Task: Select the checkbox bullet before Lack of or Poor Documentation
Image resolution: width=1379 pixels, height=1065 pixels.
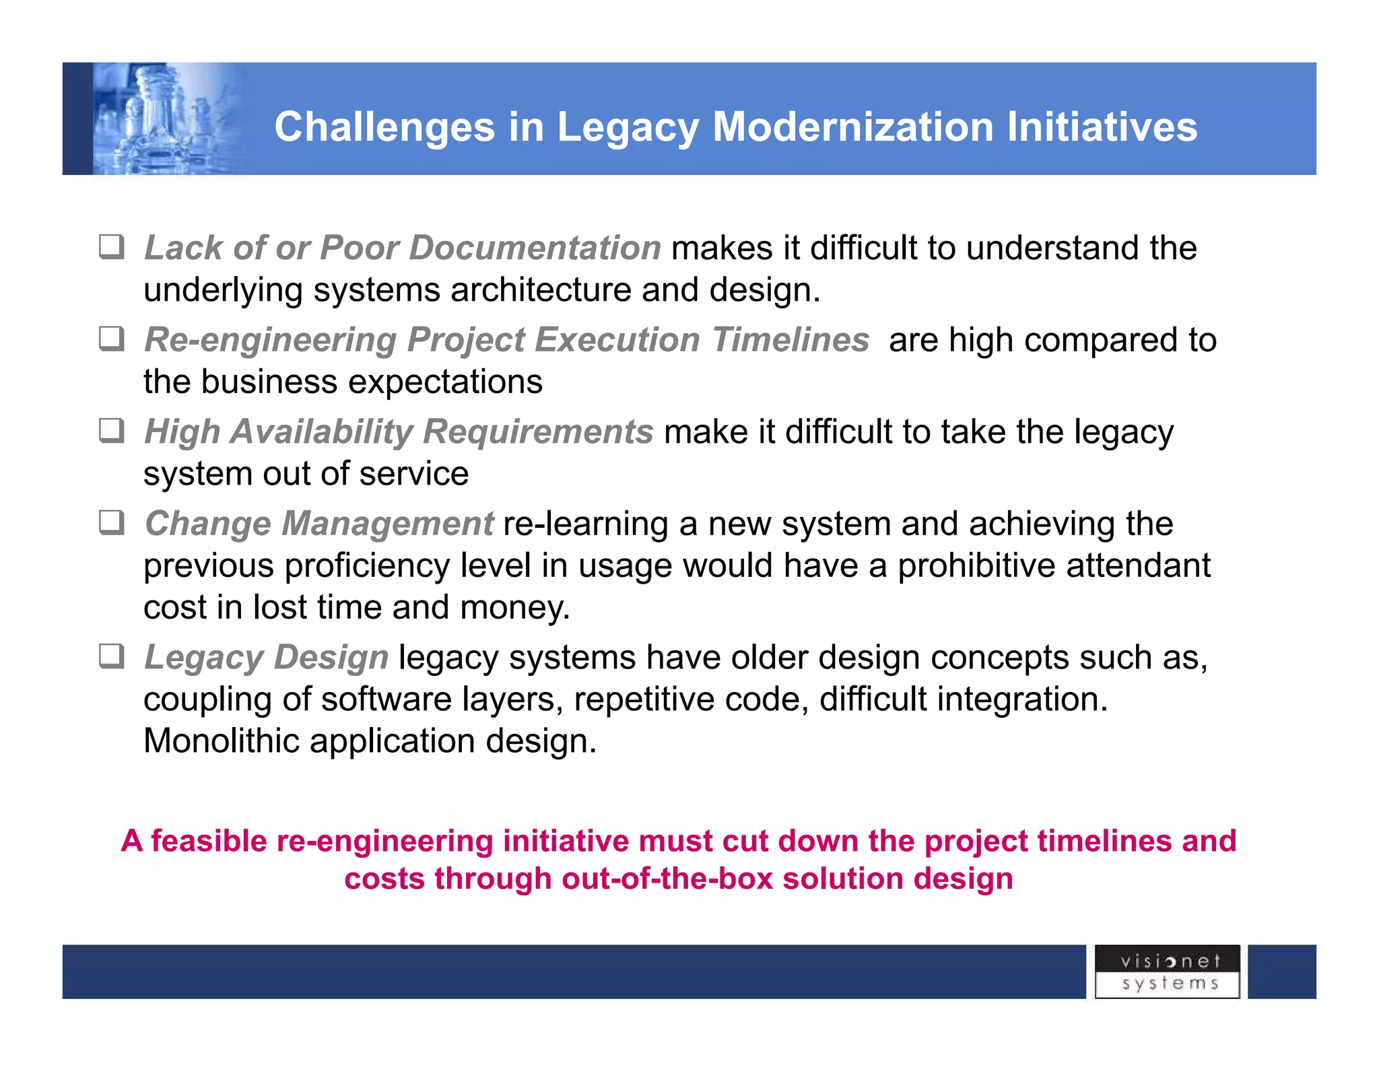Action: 112,247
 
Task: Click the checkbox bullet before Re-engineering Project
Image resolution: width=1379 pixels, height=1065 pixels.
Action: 112,339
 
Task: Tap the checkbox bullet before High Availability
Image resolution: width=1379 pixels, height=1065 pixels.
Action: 112,431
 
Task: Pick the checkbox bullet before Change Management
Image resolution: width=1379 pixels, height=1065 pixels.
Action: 112,522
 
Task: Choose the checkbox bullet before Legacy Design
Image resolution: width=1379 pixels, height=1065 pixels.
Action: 112,656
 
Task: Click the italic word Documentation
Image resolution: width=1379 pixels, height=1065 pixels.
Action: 535,248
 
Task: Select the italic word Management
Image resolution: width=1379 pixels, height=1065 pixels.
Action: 387,524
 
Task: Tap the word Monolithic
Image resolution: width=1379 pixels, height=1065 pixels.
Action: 222,741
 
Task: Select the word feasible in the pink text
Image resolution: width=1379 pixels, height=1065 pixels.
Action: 209,841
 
